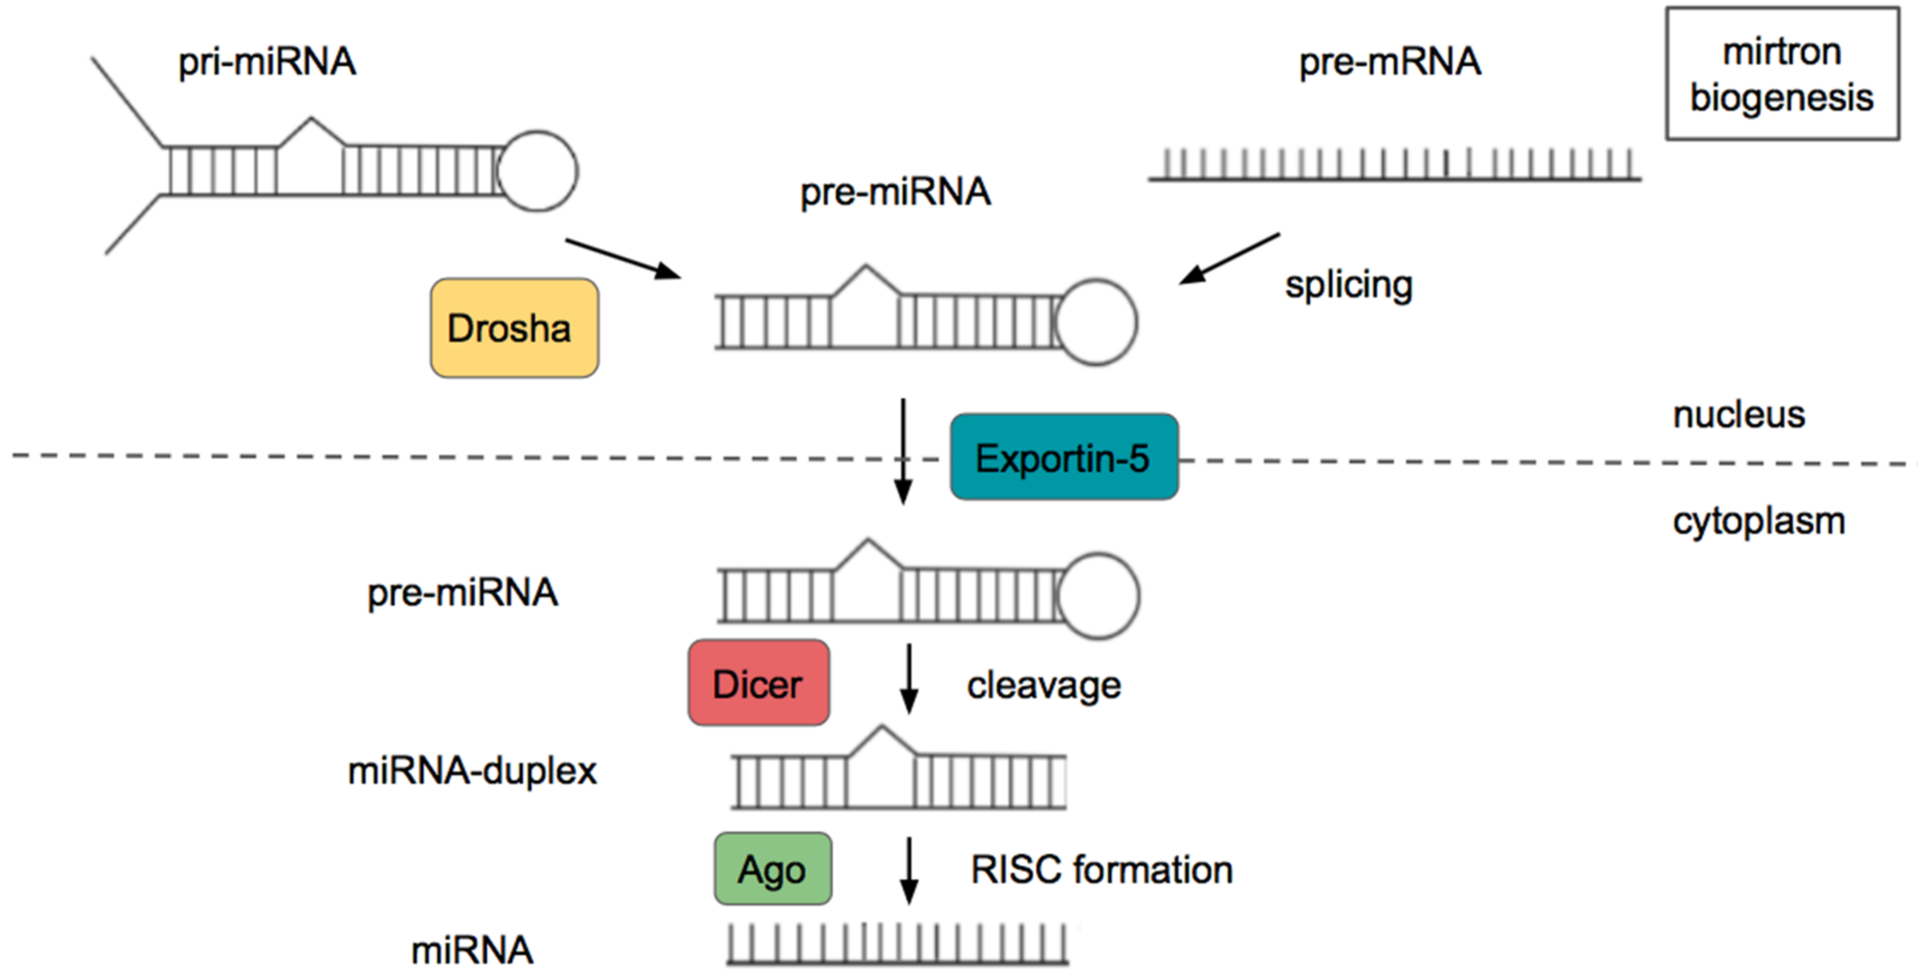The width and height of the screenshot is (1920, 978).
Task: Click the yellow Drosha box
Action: click(515, 328)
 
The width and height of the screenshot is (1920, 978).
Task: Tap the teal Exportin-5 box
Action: click(1064, 457)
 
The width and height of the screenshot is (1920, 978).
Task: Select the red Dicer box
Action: click(758, 683)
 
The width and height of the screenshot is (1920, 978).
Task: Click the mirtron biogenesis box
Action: click(1781, 74)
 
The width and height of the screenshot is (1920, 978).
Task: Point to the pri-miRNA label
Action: click(267, 61)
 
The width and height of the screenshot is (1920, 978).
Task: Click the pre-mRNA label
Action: click(1389, 61)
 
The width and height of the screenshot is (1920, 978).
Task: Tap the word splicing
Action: click(1348, 285)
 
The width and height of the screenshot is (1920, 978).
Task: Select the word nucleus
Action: click(1738, 414)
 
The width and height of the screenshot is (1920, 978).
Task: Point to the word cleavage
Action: click(1044, 685)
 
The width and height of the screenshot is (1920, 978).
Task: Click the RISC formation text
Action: click(1101, 870)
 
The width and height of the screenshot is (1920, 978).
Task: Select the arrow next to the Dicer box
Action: click(909, 678)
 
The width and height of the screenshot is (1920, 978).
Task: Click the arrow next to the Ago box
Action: click(909, 870)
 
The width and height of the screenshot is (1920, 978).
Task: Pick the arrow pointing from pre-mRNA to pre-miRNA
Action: click(1230, 258)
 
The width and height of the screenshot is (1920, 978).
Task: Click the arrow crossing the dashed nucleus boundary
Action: click(903, 452)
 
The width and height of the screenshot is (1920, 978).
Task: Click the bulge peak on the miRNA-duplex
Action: click(881, 729)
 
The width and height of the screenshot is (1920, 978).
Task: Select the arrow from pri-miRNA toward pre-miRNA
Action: click(623, 258)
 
